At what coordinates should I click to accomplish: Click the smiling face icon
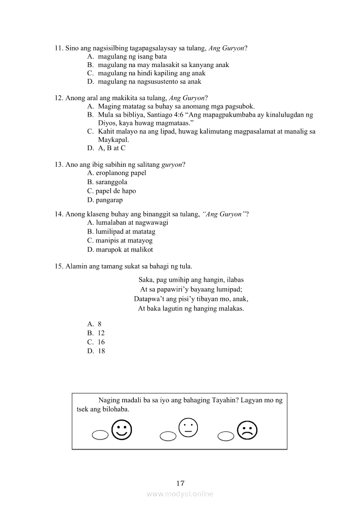click(122, 430)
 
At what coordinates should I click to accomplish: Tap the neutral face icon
click(188, 427)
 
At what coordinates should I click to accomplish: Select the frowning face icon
click(247, 431)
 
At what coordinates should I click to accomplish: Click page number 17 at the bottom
click(180, 483)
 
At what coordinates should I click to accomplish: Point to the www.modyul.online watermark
click(180, 494)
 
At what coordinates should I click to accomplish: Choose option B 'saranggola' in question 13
click(107, 182)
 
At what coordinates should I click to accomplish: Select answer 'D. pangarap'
click(105, 200)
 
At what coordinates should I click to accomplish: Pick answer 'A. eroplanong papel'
click(116, 173)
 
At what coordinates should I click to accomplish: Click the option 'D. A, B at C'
click(106, 148)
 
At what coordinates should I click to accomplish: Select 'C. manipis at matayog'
click(120, 240)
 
